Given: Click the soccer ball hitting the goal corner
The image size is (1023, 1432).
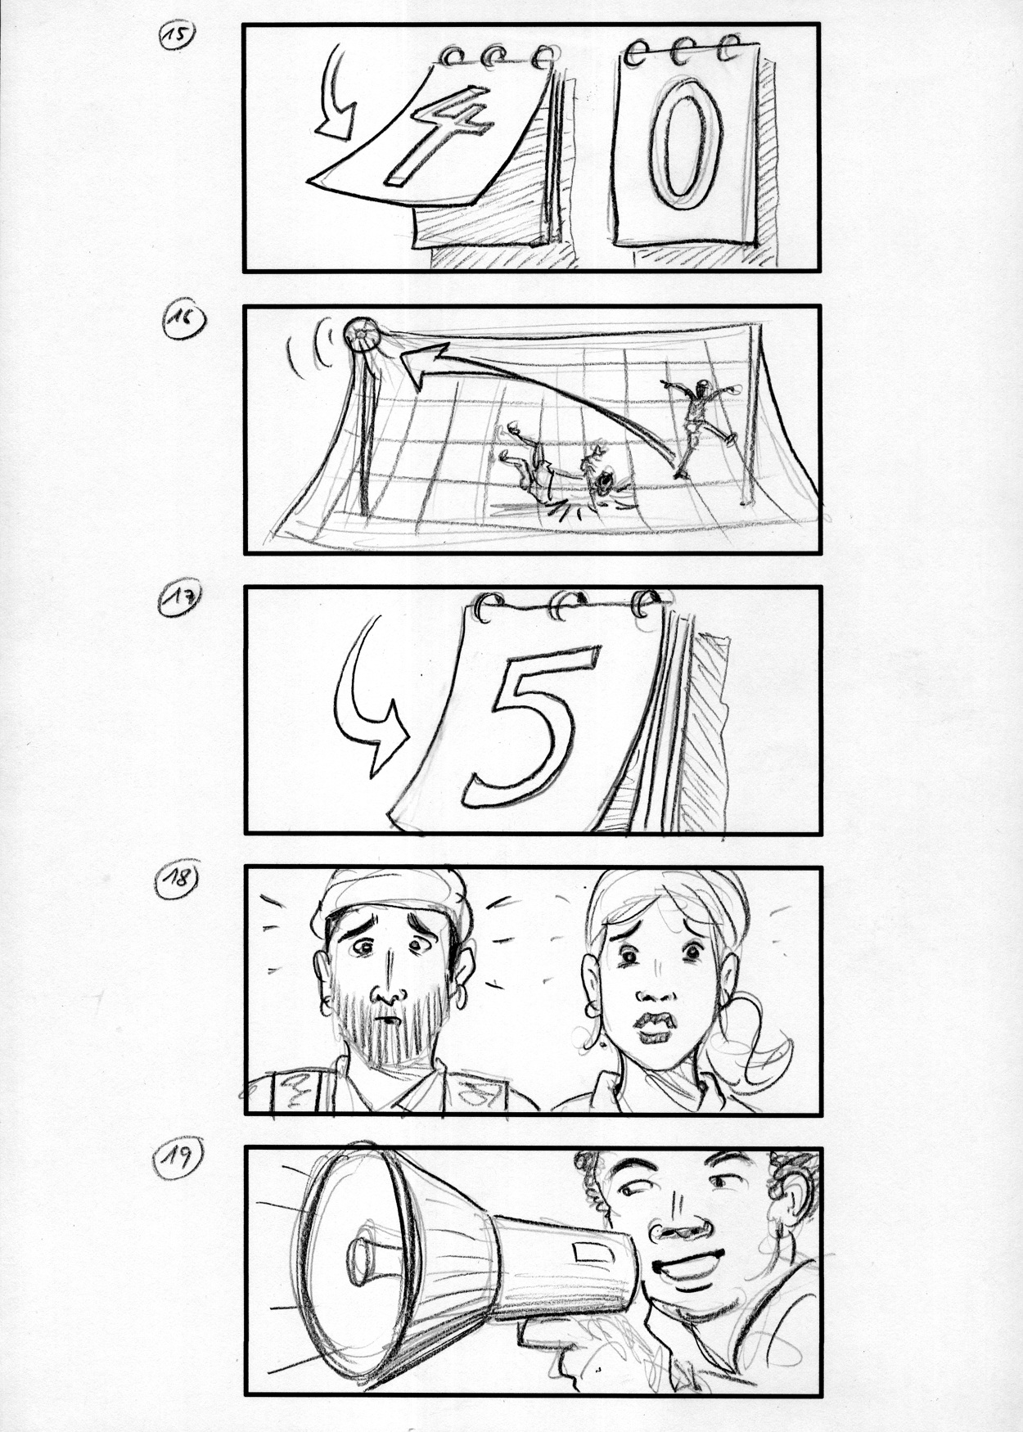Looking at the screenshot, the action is click(x=360, y=334).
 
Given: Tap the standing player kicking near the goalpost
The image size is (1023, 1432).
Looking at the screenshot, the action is click(x=698, y=426).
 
